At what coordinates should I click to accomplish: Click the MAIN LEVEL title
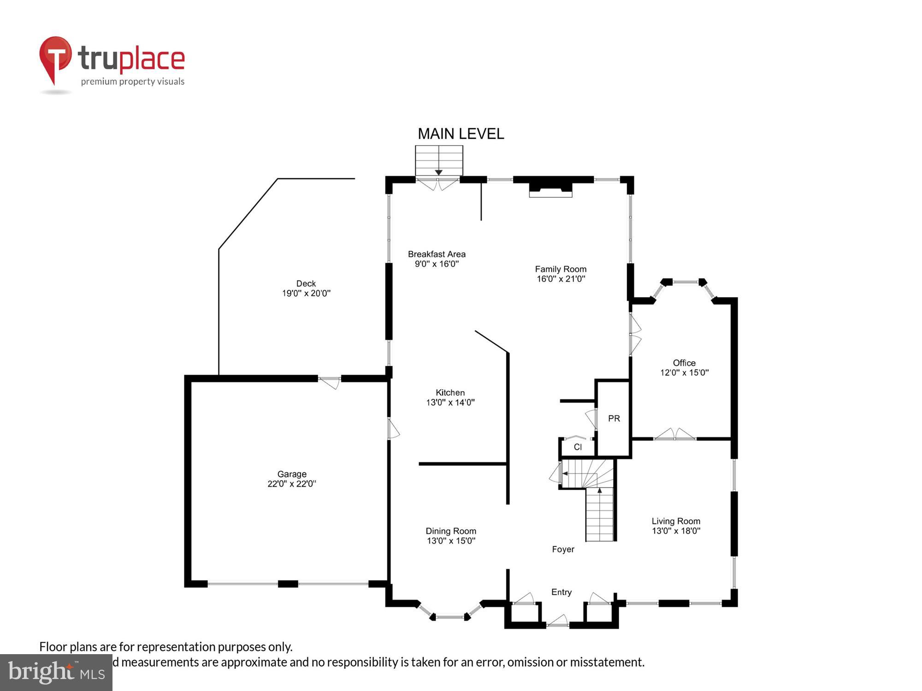coord(461,134)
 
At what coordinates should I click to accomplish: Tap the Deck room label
coord(306,283)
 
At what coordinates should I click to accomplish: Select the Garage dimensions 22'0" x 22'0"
coord(291,484)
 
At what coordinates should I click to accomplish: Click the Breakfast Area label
coord(437,254)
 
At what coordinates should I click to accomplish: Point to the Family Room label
coord(561,269)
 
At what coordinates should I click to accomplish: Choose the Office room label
coord(684,363)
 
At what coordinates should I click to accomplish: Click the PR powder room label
coord(614,418)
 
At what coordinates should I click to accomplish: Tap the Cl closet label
coord(578,447)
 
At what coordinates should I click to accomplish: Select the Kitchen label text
coord(450,392)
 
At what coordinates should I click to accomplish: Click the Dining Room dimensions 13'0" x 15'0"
coord(451,541)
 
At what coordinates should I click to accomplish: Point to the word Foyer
coord(563,549)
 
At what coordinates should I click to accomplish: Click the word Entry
coord(561,592)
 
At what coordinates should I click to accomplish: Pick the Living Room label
coord(676,521)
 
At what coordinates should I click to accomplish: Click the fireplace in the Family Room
coord(550,189)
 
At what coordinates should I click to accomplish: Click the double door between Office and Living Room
coord(674,435)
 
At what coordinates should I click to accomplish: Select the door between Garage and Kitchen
coord(393,428)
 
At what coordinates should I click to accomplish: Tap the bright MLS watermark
coord(56,673)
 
